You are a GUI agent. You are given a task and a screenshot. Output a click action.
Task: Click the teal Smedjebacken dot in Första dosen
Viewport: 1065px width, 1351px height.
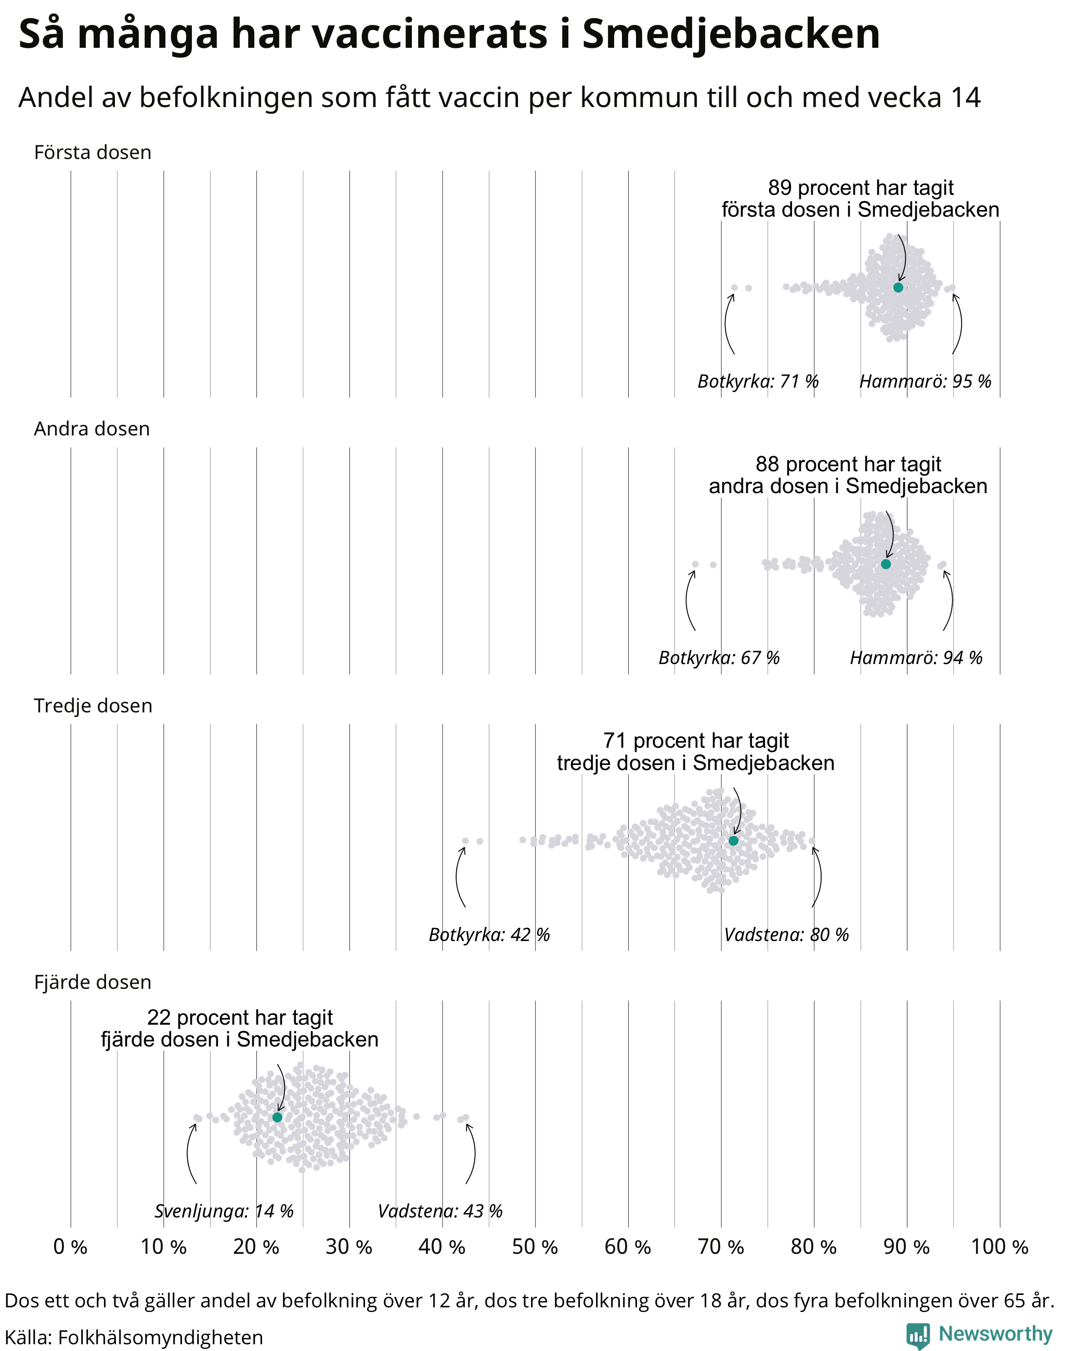tap(898, 287)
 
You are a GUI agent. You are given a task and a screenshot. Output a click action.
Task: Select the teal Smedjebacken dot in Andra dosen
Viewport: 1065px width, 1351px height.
tap(886, 564)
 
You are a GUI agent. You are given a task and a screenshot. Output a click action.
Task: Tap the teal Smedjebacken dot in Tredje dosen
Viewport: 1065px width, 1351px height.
tap(733, 841)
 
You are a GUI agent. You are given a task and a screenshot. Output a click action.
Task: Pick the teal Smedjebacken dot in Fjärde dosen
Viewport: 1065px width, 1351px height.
tap(278, 1117)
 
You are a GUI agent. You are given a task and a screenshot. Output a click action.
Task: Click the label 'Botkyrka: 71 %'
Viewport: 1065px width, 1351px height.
tap(758, 381)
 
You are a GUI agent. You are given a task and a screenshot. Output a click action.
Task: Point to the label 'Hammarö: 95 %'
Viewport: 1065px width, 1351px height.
tap(925, 381)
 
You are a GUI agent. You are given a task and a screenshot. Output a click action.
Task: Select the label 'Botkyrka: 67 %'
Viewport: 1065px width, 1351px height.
tap(719, 658)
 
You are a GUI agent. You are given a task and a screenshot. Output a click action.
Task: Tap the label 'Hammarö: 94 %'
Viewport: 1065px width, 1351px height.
tap(916, 658)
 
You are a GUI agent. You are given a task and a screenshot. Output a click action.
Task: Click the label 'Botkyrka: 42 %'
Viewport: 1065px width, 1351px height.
tap(489, 935)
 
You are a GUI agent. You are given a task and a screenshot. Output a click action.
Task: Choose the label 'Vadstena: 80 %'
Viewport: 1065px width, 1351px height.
tap(786, 935)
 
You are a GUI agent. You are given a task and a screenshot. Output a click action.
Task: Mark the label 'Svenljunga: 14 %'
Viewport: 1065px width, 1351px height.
tap(224, 1211)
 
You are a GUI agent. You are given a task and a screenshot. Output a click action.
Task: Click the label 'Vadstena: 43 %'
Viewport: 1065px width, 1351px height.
tap(440, 1211)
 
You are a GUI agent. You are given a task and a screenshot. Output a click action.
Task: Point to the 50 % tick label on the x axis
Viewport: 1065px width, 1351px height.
tap(535, 1247)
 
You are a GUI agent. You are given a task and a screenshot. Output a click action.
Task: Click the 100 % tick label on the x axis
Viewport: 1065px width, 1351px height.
tap(999, 1247)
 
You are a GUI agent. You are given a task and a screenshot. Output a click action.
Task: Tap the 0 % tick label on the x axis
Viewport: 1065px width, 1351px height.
tap(70, 1247)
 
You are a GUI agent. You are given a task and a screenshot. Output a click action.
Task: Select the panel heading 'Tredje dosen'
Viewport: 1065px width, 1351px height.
tap(93, 706)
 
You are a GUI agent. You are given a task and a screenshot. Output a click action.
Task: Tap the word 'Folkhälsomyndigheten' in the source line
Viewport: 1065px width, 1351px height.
tap(160, 1337)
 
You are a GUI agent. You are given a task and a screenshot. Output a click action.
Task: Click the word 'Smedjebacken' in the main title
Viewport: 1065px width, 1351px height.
tap(731, 34)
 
